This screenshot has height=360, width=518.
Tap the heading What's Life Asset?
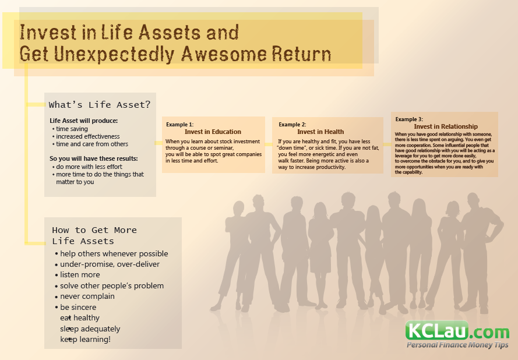click(x=100, y=105)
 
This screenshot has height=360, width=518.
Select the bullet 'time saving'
click(x=72, y=129)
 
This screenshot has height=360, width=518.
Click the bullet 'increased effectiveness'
click(x=87, y=136)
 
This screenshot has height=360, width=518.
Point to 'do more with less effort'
click(x=89, y=167)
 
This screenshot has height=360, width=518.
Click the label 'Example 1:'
click(x=179, y=125)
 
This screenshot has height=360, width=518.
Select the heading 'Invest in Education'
click(x=213, y=132)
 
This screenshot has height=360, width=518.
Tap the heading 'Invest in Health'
click(x=320, y=132)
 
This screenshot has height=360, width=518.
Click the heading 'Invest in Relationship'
click(x=446, y=126)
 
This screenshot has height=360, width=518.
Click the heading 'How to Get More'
click(x=94, y=230)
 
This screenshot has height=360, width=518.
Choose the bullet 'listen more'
click(x=80, y=275)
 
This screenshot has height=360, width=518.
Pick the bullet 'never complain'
click(x=87, y=297)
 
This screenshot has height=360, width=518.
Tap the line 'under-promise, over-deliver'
click(x=110, y=264)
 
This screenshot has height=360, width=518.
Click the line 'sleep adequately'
click(x=90, y=329)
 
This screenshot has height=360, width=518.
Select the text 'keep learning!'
click(x=85, y=340)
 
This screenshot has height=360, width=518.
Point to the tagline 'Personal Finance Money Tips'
click(x=457, y=345)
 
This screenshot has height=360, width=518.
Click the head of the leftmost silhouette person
click(x=238, y=209)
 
